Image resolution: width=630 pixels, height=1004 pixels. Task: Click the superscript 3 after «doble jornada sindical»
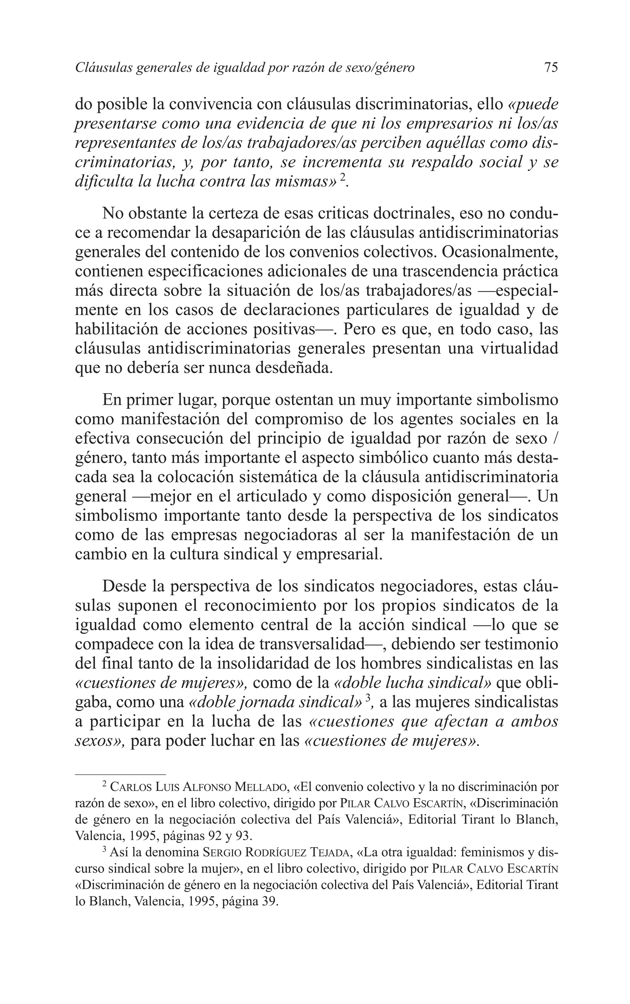click(368, 699)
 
